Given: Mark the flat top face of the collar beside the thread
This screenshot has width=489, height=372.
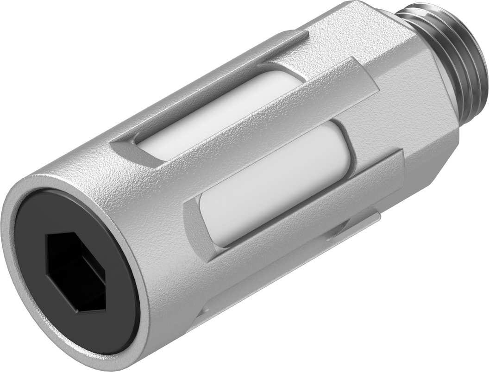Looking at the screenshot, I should (352, 28).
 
